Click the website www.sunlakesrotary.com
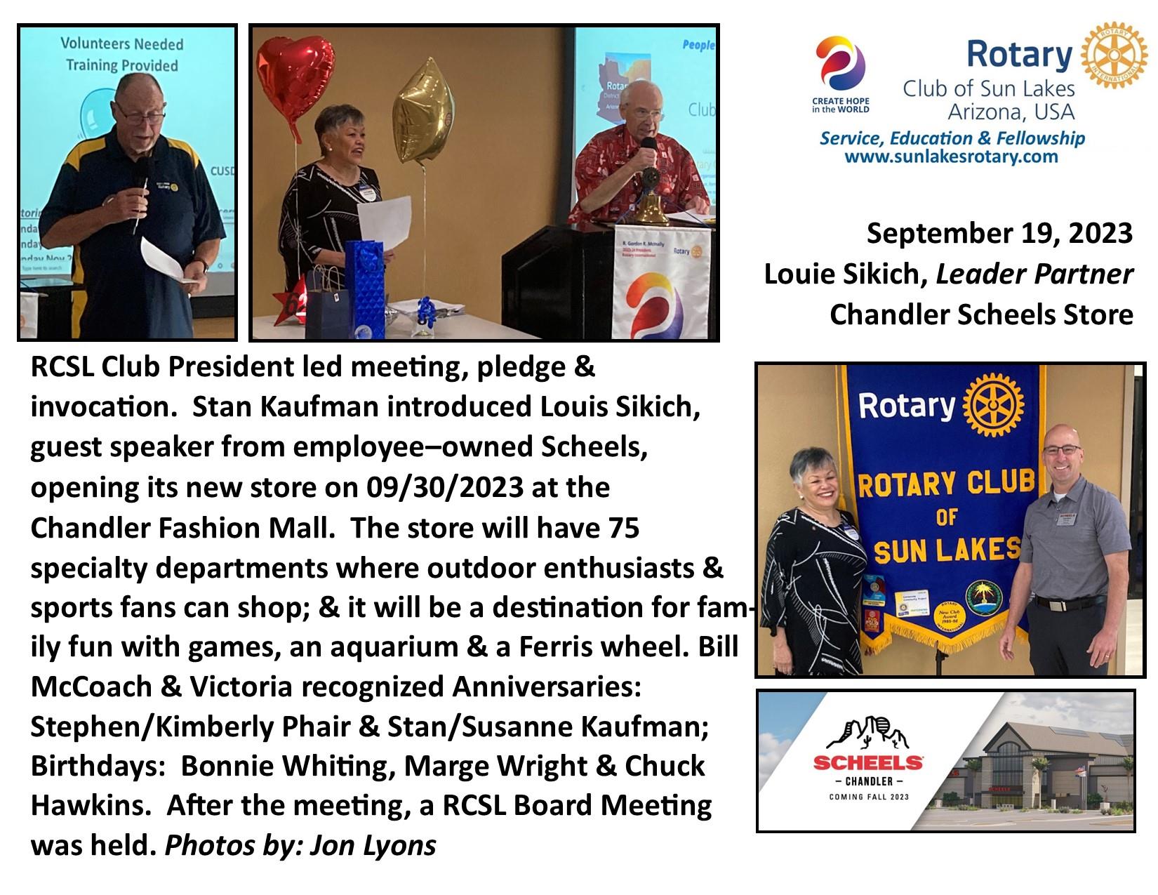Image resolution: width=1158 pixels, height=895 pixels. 951,157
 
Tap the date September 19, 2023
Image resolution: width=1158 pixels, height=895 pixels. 999,233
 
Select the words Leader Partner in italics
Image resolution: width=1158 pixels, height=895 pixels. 1034,274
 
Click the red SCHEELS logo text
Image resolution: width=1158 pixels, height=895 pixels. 868,763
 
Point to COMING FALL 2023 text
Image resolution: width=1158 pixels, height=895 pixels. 868,797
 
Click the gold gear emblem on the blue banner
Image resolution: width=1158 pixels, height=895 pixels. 993,405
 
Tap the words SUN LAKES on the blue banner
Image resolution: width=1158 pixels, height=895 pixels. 947,551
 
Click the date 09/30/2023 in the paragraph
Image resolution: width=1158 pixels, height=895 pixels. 444,487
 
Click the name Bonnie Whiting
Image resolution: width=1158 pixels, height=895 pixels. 284,766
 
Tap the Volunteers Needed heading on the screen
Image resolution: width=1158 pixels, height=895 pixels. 121,44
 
